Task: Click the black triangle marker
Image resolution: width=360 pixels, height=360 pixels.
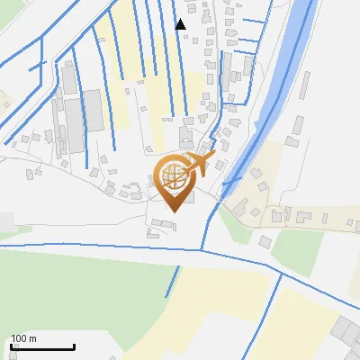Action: click(181, 24)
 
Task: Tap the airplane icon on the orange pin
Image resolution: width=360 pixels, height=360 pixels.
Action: click(197, 166)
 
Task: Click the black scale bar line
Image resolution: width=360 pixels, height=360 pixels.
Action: click(42, 347)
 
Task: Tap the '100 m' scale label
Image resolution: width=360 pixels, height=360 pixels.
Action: click(24, 338)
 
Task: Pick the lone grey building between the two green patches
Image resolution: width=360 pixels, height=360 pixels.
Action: click(265, 241)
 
